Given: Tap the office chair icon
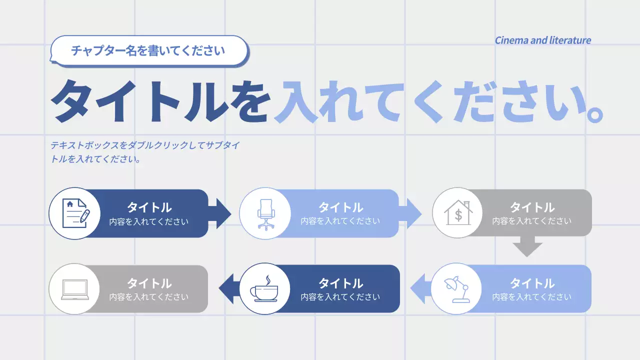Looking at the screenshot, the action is (x=265, y=213).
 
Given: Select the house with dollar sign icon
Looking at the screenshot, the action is (x=458, y=213).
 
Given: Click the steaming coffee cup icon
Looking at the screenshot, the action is (x=265, y=289).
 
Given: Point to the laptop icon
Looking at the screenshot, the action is (x=74, y=289).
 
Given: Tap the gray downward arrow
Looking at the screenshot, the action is (x=527, y=247).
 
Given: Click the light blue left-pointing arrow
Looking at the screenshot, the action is (x=419, y=289).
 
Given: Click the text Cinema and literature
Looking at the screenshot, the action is (x=542, y=40).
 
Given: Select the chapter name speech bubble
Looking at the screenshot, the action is (x=148, y=50).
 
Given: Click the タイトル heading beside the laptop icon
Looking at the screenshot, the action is (x=149, y=283).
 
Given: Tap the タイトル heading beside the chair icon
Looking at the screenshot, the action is (x=340, y=207).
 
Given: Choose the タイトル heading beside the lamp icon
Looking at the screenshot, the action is (x=532, y=283).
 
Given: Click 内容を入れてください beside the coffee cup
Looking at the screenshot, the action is (x=340, y=297).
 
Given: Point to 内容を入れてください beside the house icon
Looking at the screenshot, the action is (x=531, y=221).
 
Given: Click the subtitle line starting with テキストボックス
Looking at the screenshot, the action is (x=145, y=146).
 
